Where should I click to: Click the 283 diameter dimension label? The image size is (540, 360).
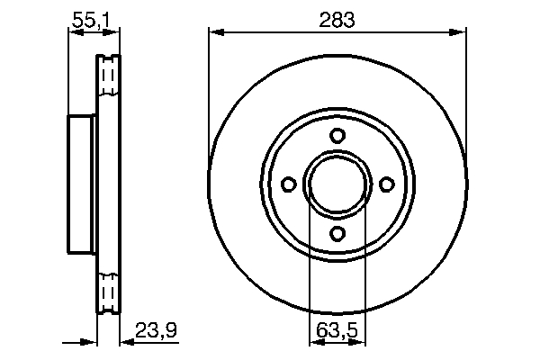click(337, 18)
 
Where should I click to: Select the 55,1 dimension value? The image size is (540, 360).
click(94, 17)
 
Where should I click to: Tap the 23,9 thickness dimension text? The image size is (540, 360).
click(156, 330)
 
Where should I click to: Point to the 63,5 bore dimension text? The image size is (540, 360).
click(337, 330)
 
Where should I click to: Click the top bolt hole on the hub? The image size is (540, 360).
click(337, 136)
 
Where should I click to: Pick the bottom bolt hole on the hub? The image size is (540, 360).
click(337, 234)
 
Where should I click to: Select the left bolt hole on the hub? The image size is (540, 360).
click(288, 184)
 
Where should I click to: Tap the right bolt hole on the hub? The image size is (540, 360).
click(387, 184)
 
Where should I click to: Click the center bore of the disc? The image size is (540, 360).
click(337, 184)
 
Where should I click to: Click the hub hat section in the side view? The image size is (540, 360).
click(82, 184)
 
